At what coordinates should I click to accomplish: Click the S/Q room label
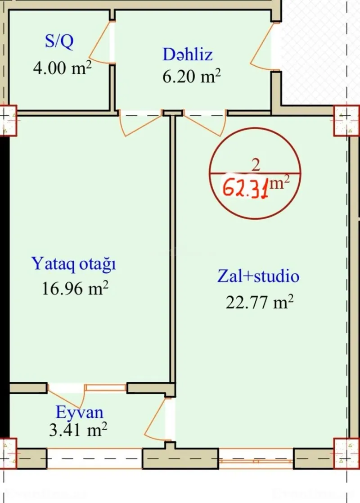(58, 42)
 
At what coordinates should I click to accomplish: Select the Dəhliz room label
(188, 55)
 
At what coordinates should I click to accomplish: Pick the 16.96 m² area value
(75, 288)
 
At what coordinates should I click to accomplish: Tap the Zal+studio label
(258, 276)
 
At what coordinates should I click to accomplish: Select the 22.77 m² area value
(259, 302)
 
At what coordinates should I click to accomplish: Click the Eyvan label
(79, 412)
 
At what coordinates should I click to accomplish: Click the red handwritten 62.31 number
(247, 186)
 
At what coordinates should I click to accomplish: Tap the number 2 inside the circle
(256, 165)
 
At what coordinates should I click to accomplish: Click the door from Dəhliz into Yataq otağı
(139, 124)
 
